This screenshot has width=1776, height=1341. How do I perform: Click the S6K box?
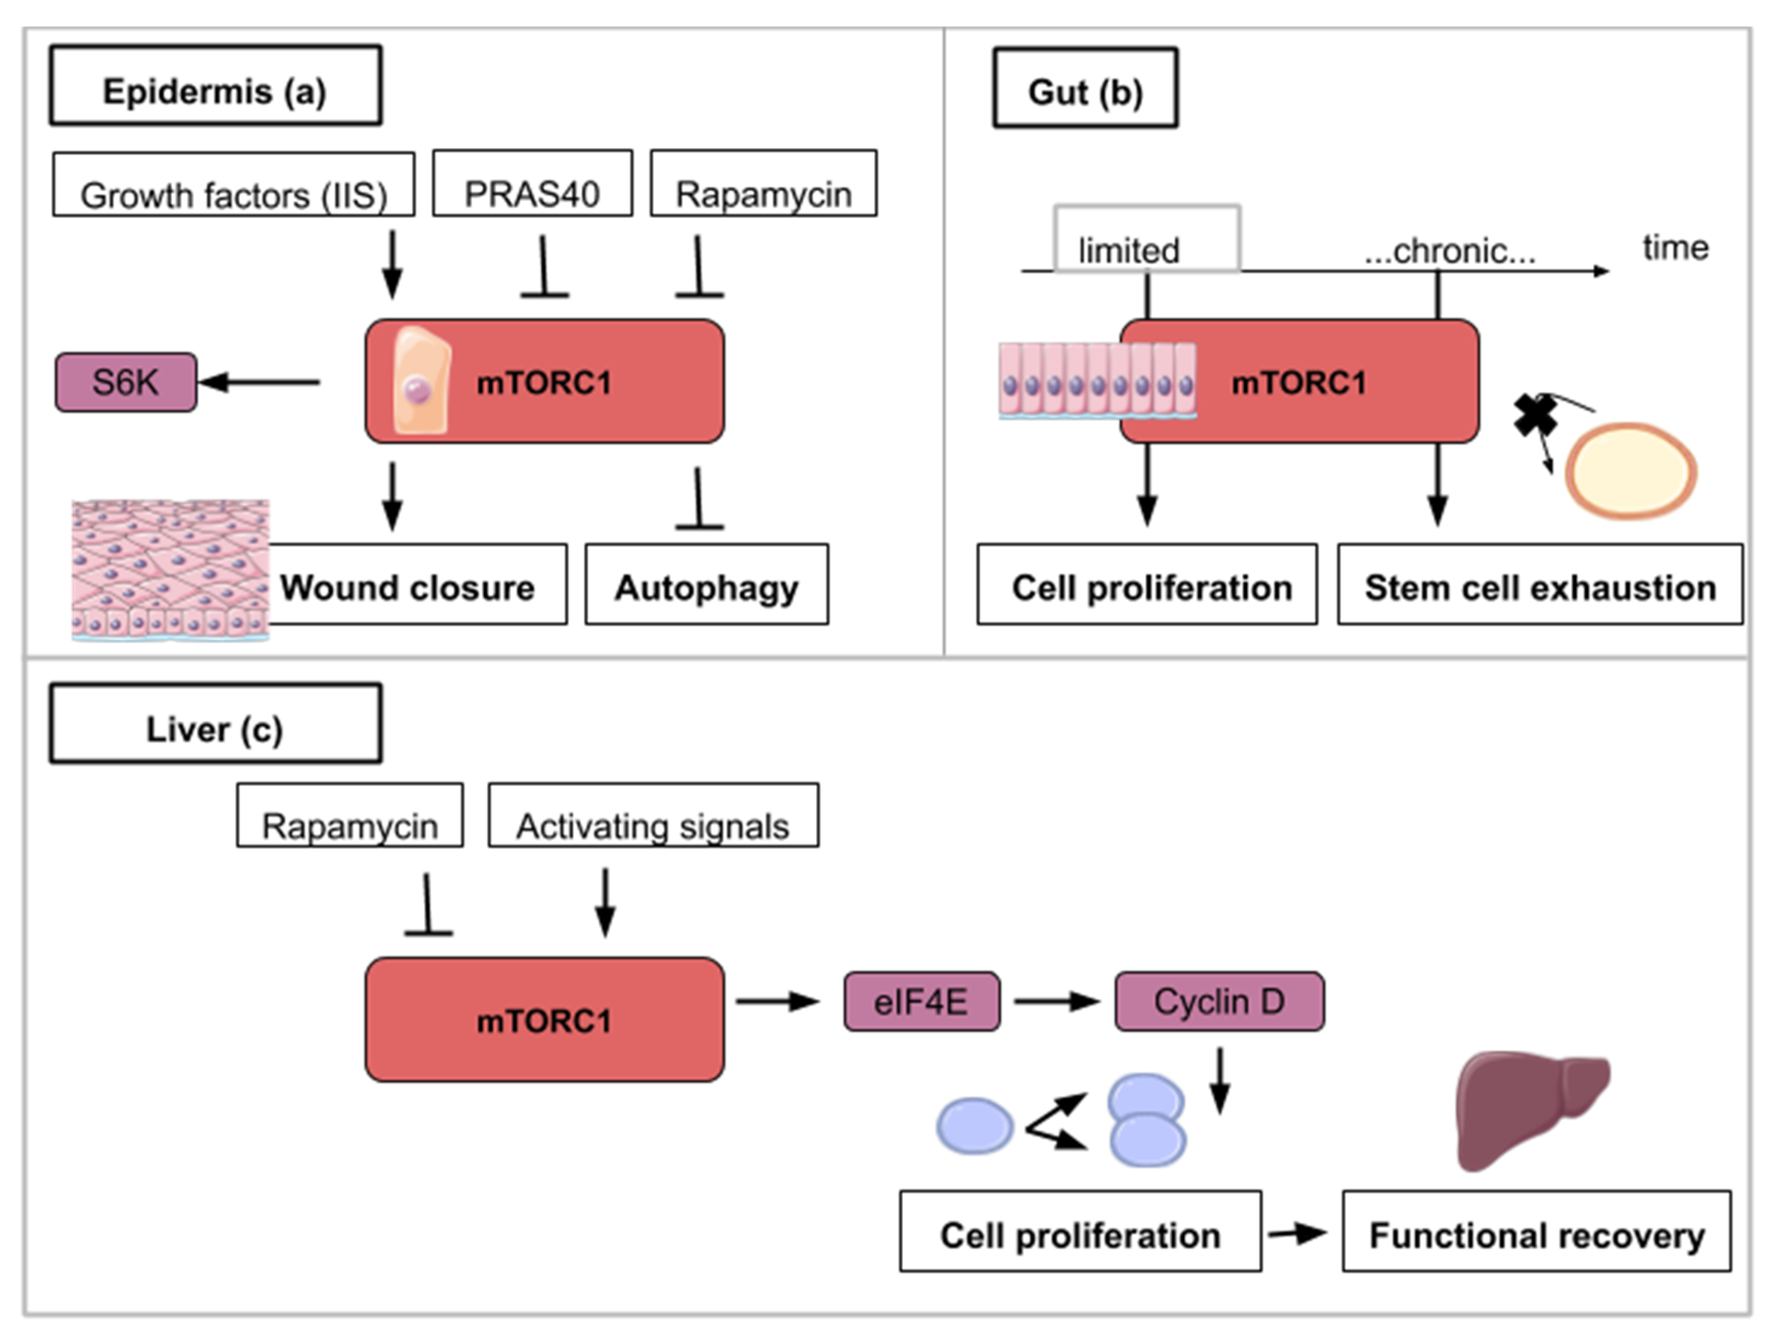pyautogui.click(x=126, y=382)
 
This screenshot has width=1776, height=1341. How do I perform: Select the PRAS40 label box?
pyautogui.click(x=533, y=183)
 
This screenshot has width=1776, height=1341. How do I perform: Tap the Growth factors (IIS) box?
pyautogui.click(x=234, y=184)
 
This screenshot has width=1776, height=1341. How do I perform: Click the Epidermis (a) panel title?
pyautogui.click(x=215, y=85)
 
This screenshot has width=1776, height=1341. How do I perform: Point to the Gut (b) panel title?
pyautogui.click(x=1085, y=88)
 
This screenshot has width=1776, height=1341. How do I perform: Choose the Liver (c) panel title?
pyautogui.click(x=215, y=724)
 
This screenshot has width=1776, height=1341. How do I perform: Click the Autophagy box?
pyautogui.click(x=707, y=584)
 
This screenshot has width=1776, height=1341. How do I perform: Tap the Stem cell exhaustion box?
pyautogui.click(x=1540, y=584)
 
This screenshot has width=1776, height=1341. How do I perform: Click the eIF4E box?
pyautogui.click(x=922, y=1001)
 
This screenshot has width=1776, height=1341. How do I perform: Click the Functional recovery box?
pyautogui.click(x=1537, y=1231)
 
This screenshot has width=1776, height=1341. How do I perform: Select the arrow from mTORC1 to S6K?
pyautogui.click(x=259, y=382)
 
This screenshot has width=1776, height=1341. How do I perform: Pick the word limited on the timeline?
pyautogui.click(x=1129, y=250)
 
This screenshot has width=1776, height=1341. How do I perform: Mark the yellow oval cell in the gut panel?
pyautogui.click(x=1631, y=471)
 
